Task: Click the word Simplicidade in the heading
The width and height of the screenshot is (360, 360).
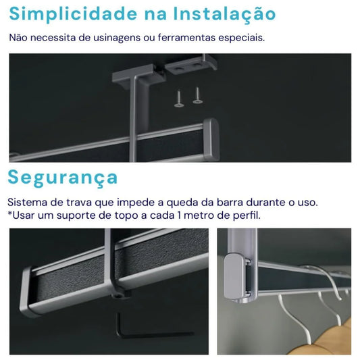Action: (x=73, y=14)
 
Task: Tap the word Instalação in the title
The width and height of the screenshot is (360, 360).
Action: (x=224, y=14)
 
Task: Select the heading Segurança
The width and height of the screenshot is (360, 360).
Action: (x=62, y=178)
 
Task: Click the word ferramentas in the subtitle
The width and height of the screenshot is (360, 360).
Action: (x=186, y=38)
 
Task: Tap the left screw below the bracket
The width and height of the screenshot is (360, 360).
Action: (x=178, y=99)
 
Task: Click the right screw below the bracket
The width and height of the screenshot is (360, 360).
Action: (x=197, y=95)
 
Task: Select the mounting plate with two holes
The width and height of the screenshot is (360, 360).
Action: (x=190, y=64)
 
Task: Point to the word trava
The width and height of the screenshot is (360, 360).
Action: (x=79, y=203)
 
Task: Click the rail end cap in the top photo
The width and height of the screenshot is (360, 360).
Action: (x=211, y=139)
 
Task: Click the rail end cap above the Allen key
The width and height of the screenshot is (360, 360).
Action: (x=26, y=291)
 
